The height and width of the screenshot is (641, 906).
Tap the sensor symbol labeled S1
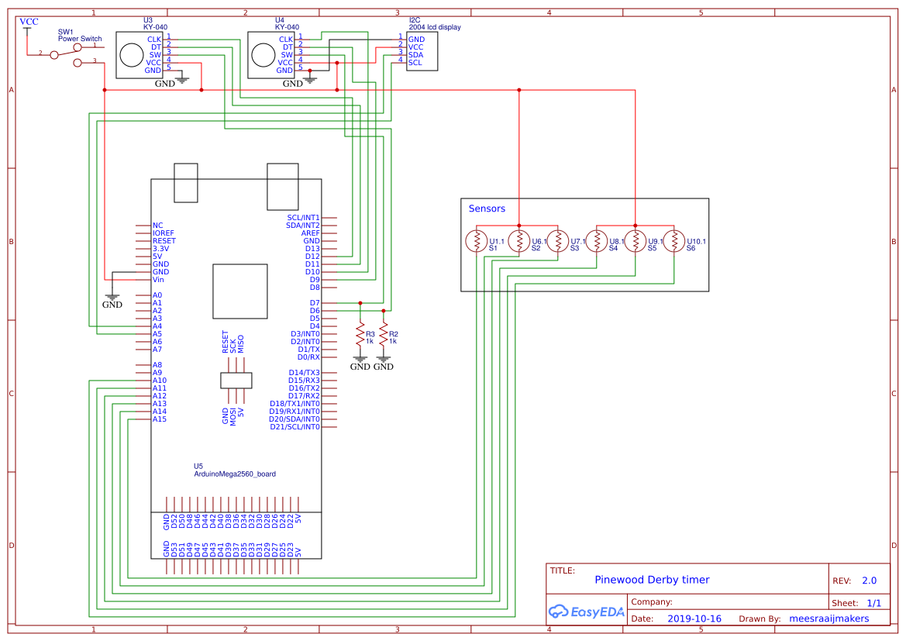tap(476, 242)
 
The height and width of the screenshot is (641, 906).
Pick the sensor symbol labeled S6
tap(674, 242)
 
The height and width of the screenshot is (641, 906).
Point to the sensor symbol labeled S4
tap(596, 242)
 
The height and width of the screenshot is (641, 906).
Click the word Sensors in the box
tap(487, 208)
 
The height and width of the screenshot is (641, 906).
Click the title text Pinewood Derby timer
tap(652, 580)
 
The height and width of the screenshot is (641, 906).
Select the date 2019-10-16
tap(694, 619)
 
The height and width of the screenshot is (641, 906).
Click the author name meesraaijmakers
tap(828, 619)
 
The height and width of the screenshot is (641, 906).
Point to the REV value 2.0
tap(869, 581)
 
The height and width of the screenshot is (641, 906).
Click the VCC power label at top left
tap(29, 22)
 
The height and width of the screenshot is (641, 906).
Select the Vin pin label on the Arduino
tap(158, 280)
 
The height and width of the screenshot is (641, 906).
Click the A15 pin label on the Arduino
tap(160, 419)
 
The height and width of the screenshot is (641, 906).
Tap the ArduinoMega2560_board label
tap(235, 474)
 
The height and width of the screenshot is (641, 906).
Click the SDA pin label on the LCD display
tap(416, 54)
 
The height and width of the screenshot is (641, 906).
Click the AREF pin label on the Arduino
tap(310, 233)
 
